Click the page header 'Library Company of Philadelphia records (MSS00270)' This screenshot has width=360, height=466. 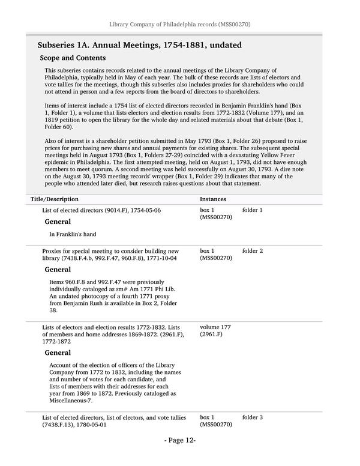coord(179,24)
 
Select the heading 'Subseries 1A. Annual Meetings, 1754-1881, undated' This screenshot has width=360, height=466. coord(135,45)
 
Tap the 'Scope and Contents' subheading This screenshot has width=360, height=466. coord(73,58)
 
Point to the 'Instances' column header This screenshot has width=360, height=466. coord(213,198)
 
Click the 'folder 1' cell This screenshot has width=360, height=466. coord(253,211)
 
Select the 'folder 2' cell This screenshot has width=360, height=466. coord(253,251)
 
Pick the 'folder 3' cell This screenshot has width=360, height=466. coord(253,417)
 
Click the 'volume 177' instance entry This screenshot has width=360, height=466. coord(215,327)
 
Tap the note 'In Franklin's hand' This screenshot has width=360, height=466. coord(73,234)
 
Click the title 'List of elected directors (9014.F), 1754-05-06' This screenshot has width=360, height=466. coord(101,211)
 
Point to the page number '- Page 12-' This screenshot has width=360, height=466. coord(180,457)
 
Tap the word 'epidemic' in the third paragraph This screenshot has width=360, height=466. coord(58,162)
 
